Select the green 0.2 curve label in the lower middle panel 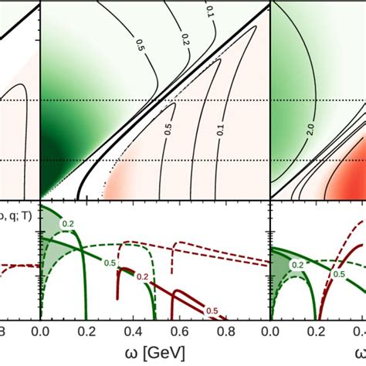[x=69, y=224]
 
